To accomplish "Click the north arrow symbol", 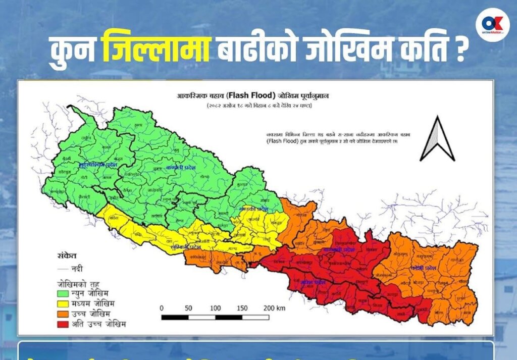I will pos(437,138).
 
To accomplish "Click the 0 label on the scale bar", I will pos(162,308).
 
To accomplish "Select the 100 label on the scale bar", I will pos(216,308).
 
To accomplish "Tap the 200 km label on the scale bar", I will pos(274,308).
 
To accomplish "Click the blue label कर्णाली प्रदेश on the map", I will pos(181,166).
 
